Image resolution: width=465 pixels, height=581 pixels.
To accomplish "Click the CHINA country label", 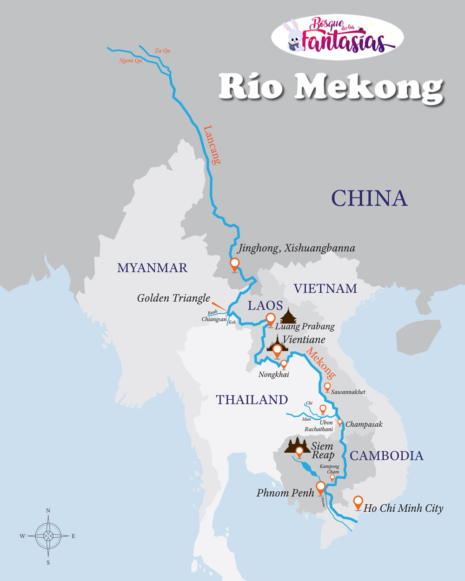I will click(x=369, y=198).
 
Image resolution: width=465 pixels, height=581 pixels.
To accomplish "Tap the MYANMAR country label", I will click(x=152, y=268).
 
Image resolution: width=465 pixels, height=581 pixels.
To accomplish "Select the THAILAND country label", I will click(x=252, y=400).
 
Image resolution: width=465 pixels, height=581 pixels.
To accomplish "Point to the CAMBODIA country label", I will click(x=386, y=456).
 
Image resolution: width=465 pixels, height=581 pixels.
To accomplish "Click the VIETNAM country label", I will click(x=325, y=289).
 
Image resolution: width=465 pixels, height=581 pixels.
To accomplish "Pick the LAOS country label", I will click(x=265, y=305).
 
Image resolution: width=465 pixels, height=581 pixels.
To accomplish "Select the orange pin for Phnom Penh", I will click(x=320, y=488).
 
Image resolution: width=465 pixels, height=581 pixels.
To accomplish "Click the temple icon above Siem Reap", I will click(x=297, y=445).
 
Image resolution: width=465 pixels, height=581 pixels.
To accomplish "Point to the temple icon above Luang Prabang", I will click(x=289, y=316).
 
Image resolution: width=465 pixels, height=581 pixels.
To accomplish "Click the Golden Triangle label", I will click(x=173, y=298).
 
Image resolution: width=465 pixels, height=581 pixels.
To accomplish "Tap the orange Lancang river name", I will click(x=212, y=145).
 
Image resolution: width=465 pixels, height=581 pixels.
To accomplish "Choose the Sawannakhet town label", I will click(x=348, y=392).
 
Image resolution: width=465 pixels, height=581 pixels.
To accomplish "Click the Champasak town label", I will click(x=364, y=424).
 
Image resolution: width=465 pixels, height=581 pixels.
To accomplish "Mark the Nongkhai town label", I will click(x=274, y=375).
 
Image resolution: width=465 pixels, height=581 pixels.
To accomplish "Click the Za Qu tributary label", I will click(x=162, y=51).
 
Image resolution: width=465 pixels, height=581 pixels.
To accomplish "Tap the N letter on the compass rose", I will click(x=48, y=510).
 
